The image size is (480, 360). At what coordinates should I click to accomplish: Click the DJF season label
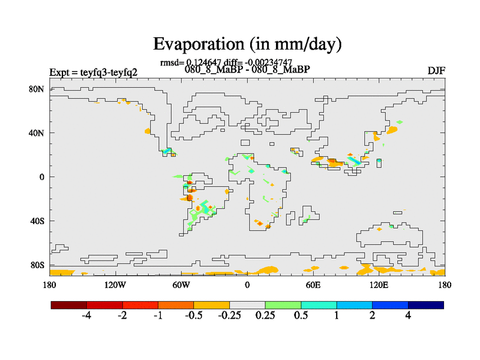point(436,71)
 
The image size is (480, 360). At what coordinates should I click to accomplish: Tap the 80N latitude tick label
point(37,89)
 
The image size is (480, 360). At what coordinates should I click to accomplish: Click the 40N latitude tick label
point(37,133)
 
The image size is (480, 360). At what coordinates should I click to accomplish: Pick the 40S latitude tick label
point(37,221)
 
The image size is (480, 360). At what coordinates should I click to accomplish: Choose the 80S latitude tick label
point(37,265)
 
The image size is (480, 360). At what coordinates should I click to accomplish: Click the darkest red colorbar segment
point(69,305)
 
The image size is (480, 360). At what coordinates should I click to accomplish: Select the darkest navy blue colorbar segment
point(426,305)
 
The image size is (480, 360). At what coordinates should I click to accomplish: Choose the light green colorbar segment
point(283,305)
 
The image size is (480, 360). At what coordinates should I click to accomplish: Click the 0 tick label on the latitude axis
point(42,177)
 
